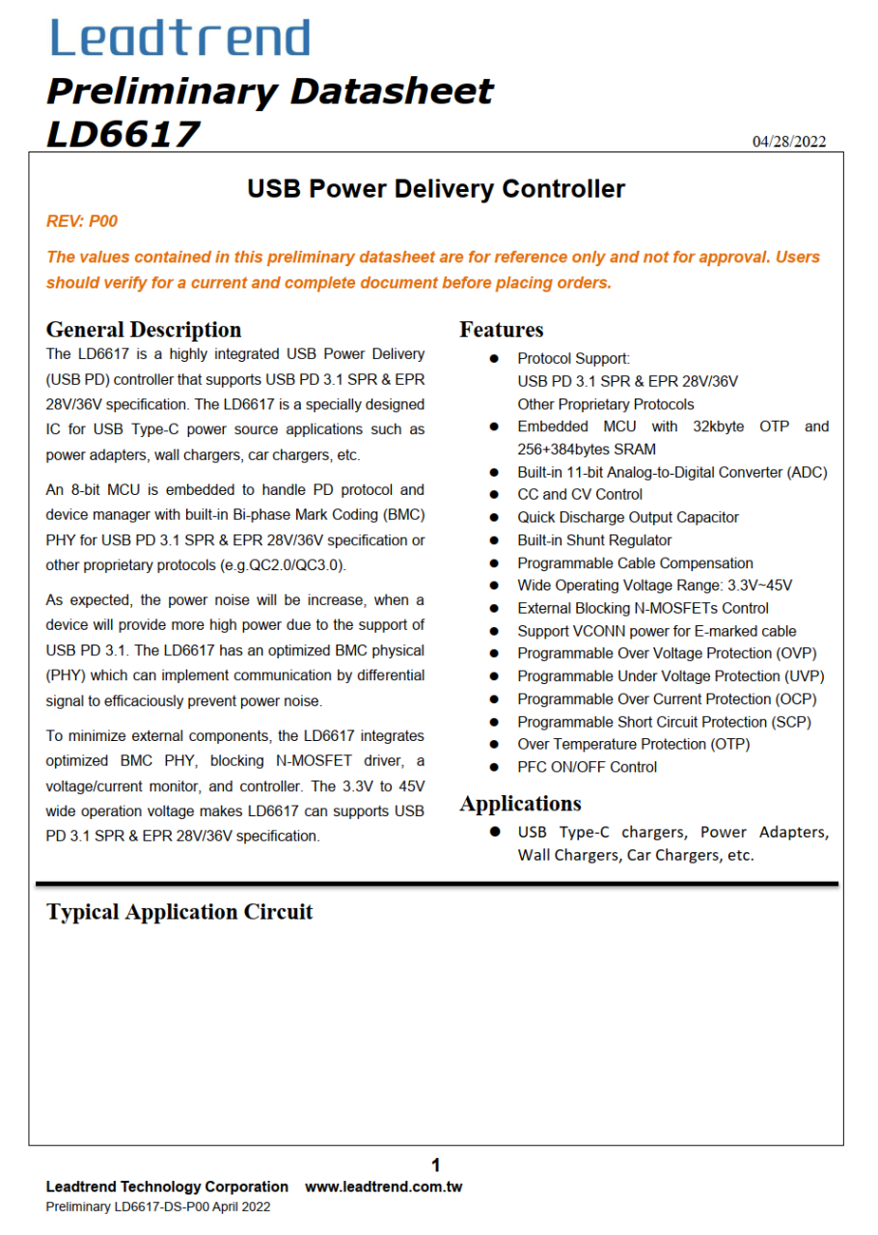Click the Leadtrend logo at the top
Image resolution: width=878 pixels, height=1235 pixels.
tap(180, 38)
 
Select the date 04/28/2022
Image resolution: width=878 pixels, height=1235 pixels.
tap(789, 142)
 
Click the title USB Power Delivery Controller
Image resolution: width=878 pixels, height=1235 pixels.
tap(436, 189)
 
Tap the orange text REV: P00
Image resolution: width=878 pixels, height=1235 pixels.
tap(82, 221)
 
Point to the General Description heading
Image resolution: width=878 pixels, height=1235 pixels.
tap(144, 330)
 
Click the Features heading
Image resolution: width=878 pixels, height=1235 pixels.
tap(501, 330)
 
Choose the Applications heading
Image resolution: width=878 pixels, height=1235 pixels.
tap(520, 804)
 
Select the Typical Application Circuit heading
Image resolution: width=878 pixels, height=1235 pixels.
tap(179, 912)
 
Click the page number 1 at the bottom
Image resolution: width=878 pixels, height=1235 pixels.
tap(436, 1165)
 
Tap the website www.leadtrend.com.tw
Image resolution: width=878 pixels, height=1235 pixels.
tap(383, 1187)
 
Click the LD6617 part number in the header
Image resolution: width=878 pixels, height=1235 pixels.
tap(123, 134)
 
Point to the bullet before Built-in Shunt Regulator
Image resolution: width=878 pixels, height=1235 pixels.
tap(494, 540)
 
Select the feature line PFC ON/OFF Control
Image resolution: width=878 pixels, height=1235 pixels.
tap(587, 767)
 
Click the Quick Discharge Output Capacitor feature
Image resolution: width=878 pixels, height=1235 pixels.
tap(628, 517)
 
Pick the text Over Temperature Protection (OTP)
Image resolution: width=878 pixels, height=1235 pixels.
tap(633, 744)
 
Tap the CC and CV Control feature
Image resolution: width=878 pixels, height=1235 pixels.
tap(580, 494)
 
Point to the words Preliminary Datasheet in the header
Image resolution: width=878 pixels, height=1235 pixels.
tap(269, 92)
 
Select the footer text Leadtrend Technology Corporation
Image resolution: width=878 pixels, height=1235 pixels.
tap(167, 1187)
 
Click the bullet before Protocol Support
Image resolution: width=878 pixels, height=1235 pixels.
tap(494, 358)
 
